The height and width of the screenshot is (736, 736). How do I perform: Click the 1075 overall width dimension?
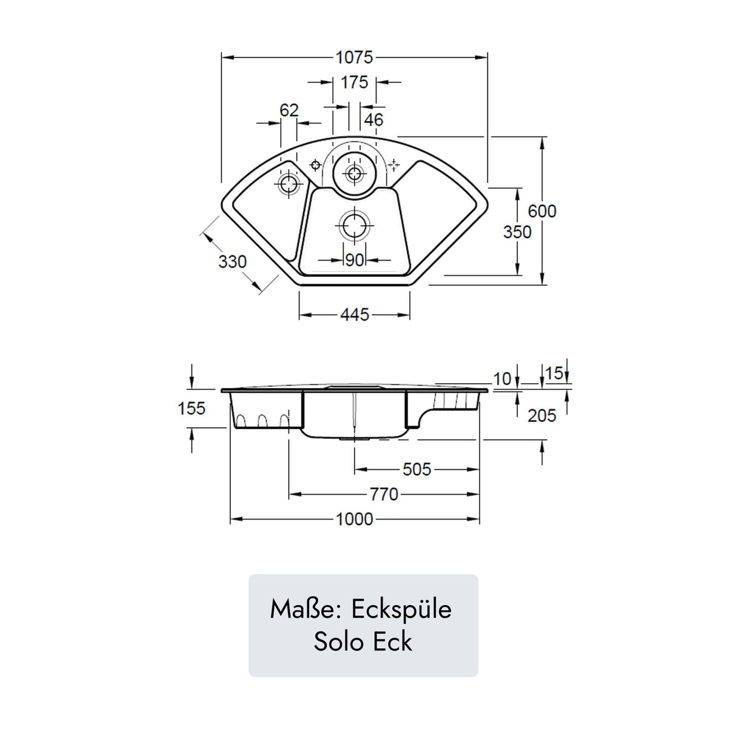(x=354, y=58)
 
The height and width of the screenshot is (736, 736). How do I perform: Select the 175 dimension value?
(x=354, y=82)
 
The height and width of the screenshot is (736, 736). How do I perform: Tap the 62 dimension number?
(x=289, y=110)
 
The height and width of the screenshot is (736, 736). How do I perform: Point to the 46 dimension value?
(x=373, y=119)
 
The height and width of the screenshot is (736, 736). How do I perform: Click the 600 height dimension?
(x=541, y=211)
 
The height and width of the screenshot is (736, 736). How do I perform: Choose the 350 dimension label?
(x=517, y=232)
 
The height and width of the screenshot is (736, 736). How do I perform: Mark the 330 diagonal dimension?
(x=232, y=261)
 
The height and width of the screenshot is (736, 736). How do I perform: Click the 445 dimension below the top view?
(x=354, y=315)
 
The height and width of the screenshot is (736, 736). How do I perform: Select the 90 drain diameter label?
(x=354, y=260)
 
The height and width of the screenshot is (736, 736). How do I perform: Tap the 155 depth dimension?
(x=192, y=408)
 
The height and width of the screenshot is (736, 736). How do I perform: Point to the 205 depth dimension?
(x=541, y=415)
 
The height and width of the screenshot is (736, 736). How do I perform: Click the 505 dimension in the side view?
(x=417, y=469)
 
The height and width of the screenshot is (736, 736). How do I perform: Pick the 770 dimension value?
(x=384, y=494)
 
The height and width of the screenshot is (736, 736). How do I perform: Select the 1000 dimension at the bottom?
(x=354, y=519)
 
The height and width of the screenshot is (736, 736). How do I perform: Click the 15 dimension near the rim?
(x=554, y=373)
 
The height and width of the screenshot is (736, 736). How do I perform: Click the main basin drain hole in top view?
(x=353, y=226)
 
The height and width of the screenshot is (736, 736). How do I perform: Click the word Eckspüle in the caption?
(x=401, y=609)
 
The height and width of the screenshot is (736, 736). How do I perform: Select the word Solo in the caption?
(x=339, y=641)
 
